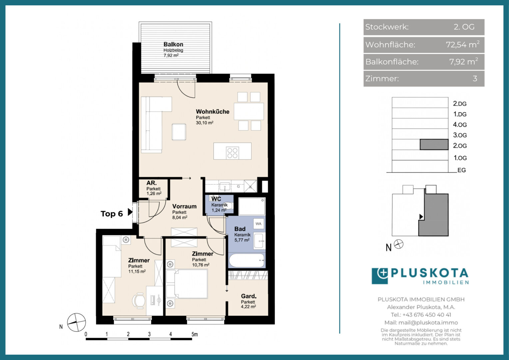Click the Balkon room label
(173, 44)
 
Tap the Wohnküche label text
(213, 112)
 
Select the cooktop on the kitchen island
(233, 153)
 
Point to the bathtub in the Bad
(247, 260)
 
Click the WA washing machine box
(258, 224)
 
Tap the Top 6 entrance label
(112, 214)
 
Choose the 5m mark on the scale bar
(195, 334)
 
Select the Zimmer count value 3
(475, 79)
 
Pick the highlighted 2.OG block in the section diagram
(434, 144)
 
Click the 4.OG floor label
(460, 125)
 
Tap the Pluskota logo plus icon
(382, 273)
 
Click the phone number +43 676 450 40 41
(421, 315)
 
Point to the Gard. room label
(249, 296)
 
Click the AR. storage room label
(151, 183)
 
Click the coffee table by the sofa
(179, 132)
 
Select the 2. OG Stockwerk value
(464, 27)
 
